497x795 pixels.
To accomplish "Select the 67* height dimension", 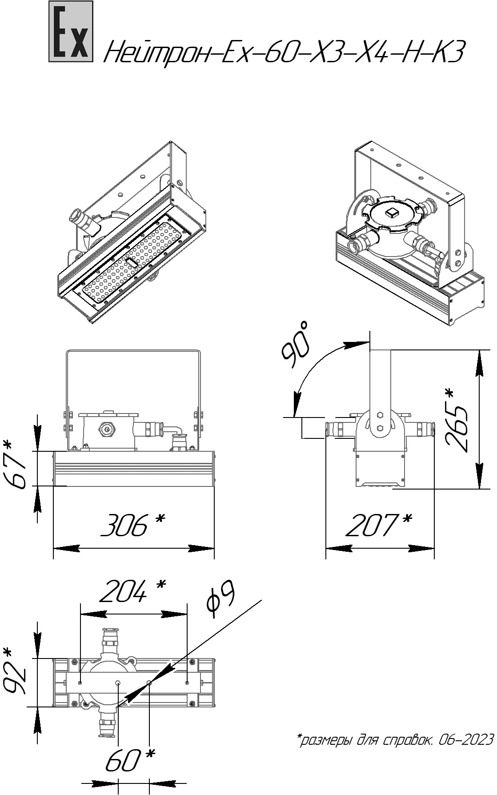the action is [x=18, y=465].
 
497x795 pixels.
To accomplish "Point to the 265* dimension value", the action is [x=455, y=421].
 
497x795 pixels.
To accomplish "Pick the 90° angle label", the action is [x=295, y=345].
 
